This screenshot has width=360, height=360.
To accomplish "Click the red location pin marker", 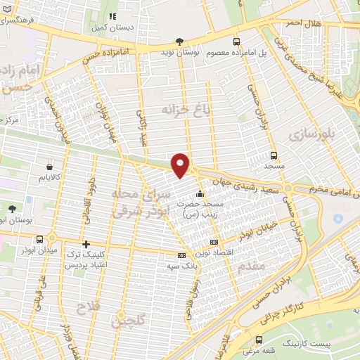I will tap(181, 165).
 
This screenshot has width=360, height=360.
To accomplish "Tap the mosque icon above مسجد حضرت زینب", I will tap(200, 194).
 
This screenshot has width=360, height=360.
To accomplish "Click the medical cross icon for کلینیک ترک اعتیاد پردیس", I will tap(86, 245).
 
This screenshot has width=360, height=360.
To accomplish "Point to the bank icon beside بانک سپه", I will tap(182, 256).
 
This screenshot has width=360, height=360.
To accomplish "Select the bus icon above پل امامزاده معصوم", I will tap(237, 41).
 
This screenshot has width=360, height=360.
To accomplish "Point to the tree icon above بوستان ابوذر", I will tap(12, 208).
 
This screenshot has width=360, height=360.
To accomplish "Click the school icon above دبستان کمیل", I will tap(112, 15).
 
